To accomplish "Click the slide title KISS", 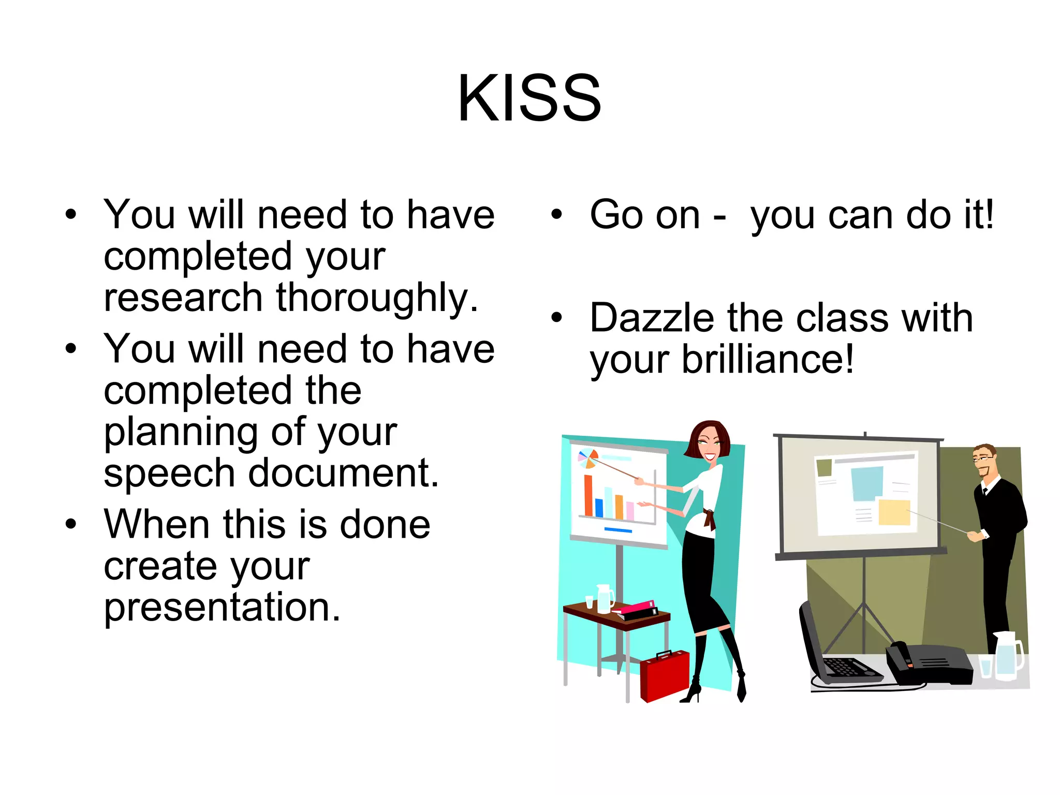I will [x=529, y=98].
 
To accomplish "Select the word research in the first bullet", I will [x=183, y=299].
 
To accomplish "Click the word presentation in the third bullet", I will [x=222, y=608].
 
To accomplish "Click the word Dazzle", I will [x=652, y=318].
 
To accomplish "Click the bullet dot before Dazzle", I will [x=556, y=317].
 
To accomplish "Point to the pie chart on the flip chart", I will [x=588, y=459].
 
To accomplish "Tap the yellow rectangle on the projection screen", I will [x=894, y=512].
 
